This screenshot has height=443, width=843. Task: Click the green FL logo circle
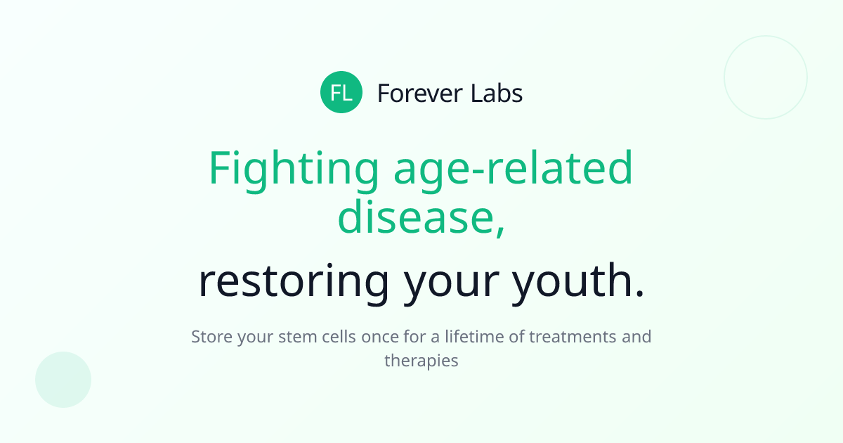[x=341, y=92]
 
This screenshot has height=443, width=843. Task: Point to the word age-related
[x=513, y=169]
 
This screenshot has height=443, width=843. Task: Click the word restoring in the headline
[x=293, y=281]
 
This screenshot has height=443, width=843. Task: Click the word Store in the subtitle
[x=211, y=337]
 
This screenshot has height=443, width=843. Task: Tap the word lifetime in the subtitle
[x=473, y=337]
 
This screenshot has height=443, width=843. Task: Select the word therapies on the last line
[x=421, y=361]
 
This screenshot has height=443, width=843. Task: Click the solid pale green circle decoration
[x=63, y=380]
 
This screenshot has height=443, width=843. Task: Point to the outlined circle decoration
[x=766, y=77]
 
